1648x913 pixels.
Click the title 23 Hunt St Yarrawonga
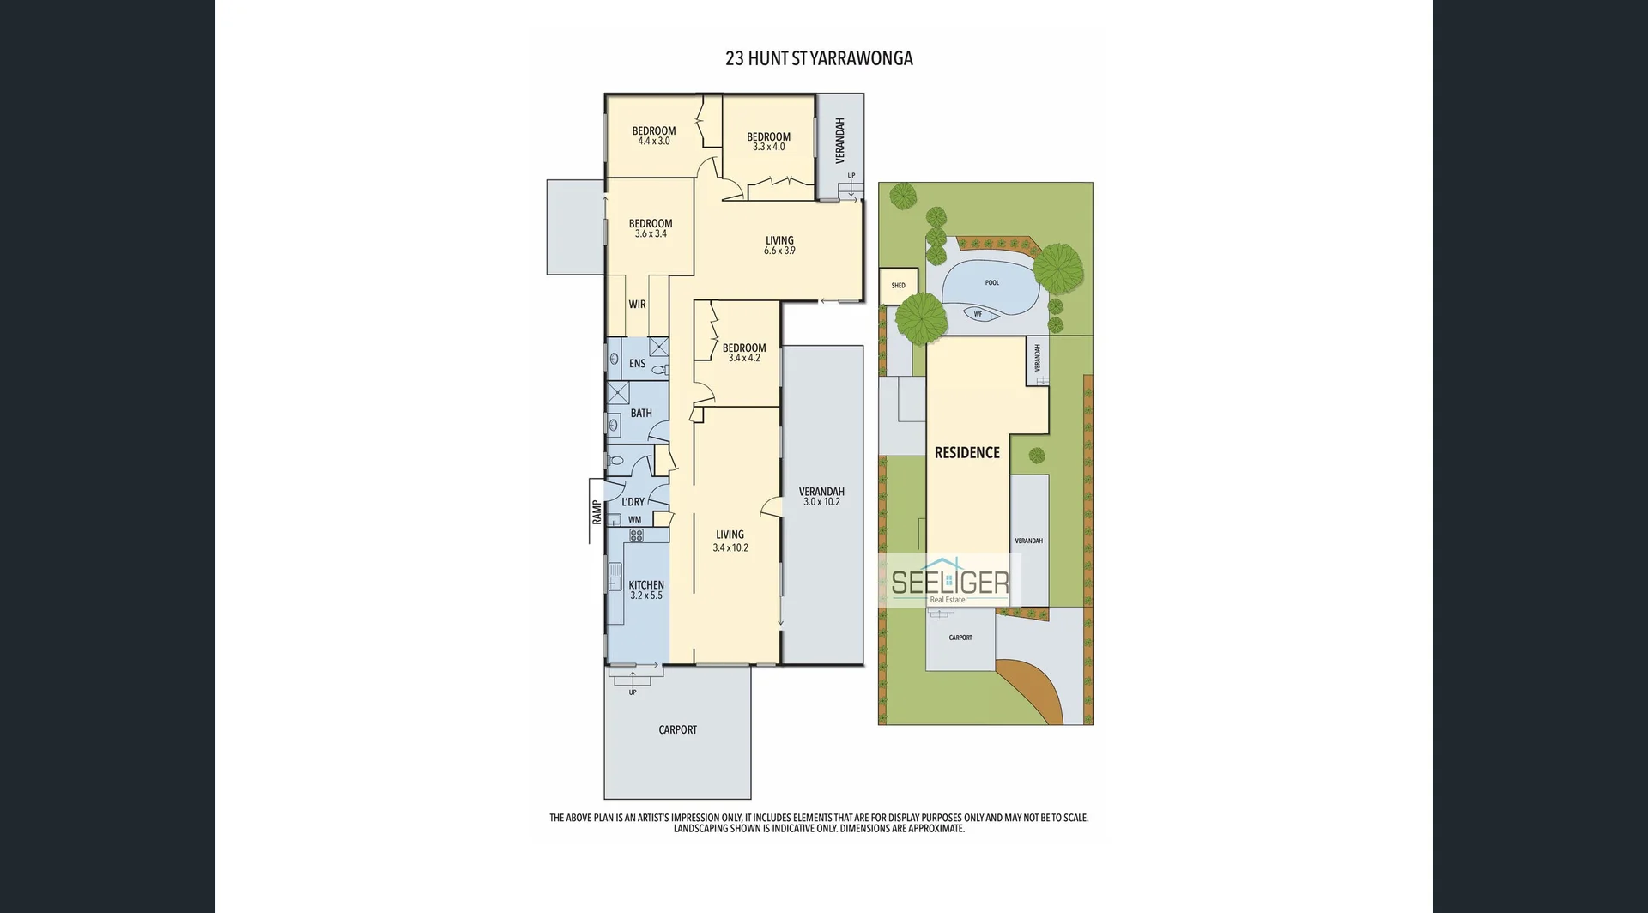pos(819,58)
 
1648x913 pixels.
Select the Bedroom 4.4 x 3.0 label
pos(654,136)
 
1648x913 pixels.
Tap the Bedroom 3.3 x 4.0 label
pos(768,142)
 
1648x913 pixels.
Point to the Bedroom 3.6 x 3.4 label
pos(651,228)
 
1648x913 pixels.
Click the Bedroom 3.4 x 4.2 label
pos(744,353)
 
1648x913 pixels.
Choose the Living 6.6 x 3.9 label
pos(779,245)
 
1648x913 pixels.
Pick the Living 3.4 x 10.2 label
pos(730,541)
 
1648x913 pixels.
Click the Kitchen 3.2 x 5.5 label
pos(646,590)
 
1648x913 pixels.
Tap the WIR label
pos(637,305)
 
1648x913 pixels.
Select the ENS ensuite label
pos(637,364)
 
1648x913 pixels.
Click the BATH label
pos(641,414)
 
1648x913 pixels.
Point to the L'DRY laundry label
pos(633,502)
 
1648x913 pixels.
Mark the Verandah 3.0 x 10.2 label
pos(821,497)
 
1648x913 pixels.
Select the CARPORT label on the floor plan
pos(677,730)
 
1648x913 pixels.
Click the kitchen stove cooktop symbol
pos(637,535)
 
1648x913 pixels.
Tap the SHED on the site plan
pos(899,285)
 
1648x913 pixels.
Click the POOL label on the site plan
pos(992,282)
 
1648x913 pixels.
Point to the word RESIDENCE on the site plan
pos(967,453)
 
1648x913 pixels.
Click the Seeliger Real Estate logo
pos(950,583)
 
